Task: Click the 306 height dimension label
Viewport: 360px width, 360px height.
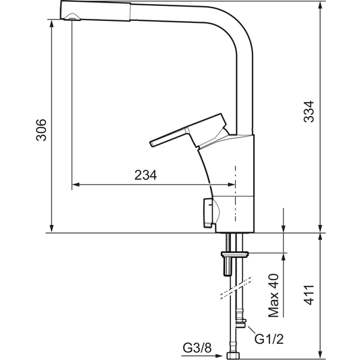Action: (41, 129)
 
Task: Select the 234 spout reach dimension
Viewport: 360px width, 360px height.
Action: (146, 175)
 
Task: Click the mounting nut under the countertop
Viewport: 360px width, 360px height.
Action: (235, 254)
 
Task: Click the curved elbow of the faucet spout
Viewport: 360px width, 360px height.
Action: (240, 27)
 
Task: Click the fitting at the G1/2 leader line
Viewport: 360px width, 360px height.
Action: (241, 324)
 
